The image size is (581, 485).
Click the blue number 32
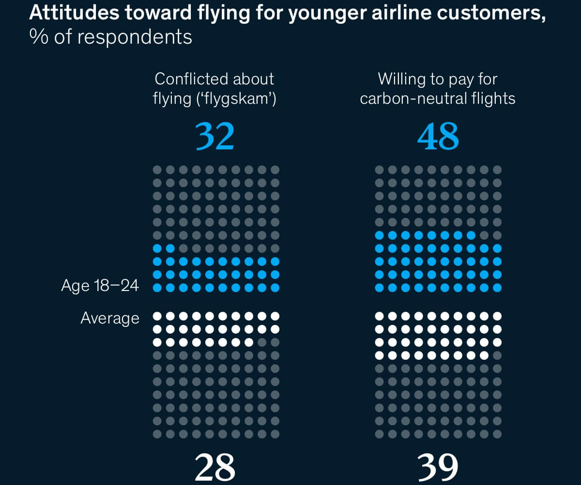(x=215, y=137)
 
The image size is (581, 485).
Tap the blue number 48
(x=438, y=137)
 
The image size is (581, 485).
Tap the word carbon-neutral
(x=412, y=98)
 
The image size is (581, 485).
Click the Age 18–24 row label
(x=100, y=286)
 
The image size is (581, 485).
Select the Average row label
(x=110, y=318)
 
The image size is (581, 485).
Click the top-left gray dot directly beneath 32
(x=157, y=170)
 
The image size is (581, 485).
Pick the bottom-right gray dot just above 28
(x=275, y=434)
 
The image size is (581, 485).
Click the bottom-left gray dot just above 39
(x=380, y=434)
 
